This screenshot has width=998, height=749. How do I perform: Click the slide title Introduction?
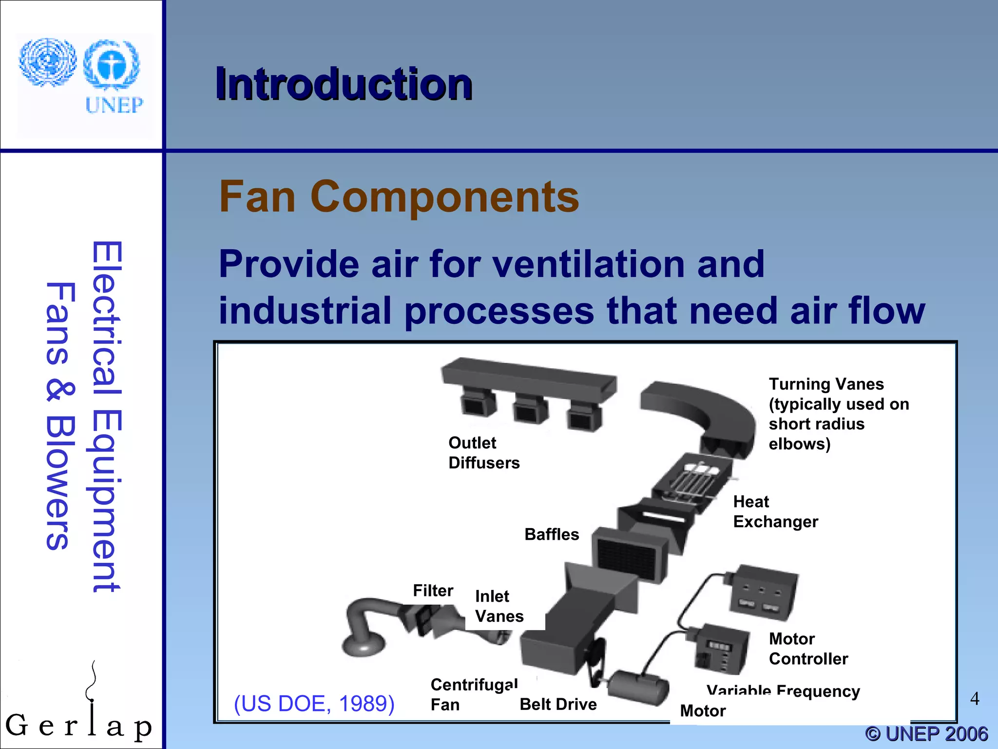pyautogui.click(x=344, y=84)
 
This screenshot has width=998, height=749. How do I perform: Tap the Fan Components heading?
pyautogui.click(x=399, y=197)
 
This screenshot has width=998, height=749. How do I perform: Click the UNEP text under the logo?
pyautogui.click(x=115, y=105)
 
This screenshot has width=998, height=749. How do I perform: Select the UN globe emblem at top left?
pyautogui.click(x=47, y=62)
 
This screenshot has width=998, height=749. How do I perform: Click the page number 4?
pyautogui.click(x=974, y=699)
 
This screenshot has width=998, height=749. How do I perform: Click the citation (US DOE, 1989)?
pyautogui.click(x=314, y=704)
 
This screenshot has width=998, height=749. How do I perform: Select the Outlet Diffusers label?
pyautogui.click(x=483, y=453)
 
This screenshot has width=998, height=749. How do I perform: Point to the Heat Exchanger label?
pyautogui.click(x=775, y=512)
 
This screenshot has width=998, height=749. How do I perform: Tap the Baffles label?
pyautogui.click(x=552, y=534)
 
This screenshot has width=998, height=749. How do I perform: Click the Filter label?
pyautogui.click(x=433, y=591)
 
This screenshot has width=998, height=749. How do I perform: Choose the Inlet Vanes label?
pyautogui.click(x=499, y=606)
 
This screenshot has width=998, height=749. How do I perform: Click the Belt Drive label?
pyautogui.click(x=558, y=704)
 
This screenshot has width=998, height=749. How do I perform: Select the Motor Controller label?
pyautogui.click(x=808, y=649)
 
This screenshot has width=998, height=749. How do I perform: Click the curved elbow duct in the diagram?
pyautogui.click(x=702, y=414)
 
